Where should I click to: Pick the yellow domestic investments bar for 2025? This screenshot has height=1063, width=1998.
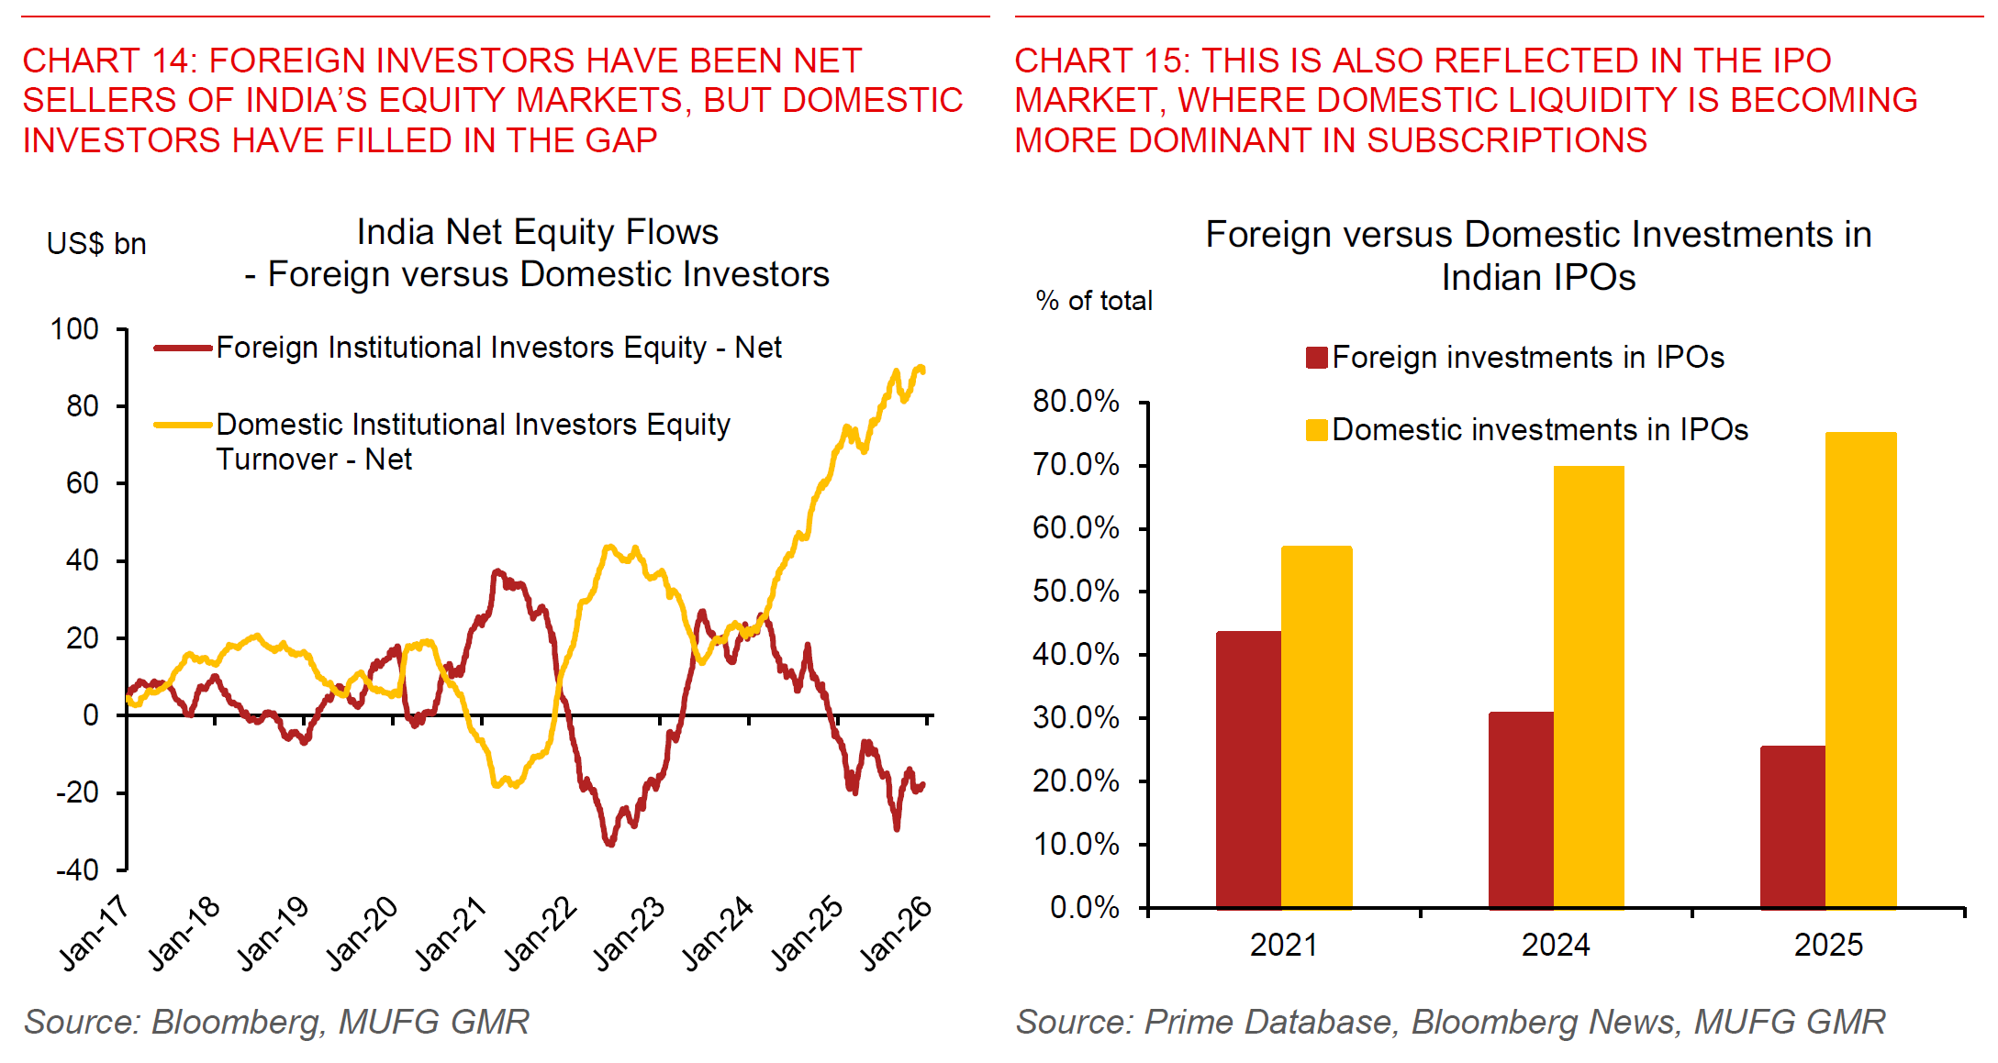1860,670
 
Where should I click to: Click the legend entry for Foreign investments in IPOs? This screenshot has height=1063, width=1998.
1514,357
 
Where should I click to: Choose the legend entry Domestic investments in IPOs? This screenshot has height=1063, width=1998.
1527,429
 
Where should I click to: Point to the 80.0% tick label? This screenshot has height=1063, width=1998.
1076,401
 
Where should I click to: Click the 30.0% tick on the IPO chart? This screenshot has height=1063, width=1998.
1076,717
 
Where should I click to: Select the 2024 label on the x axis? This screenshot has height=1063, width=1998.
1556,945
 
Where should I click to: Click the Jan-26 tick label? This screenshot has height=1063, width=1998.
897,933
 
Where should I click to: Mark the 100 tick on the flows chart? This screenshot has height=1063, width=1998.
74,329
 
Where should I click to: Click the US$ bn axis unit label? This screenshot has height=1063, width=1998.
96,244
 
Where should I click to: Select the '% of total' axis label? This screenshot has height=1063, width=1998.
1094,301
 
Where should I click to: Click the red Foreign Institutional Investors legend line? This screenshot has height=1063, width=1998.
184,349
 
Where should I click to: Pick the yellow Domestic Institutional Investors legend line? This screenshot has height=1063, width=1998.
184,425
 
